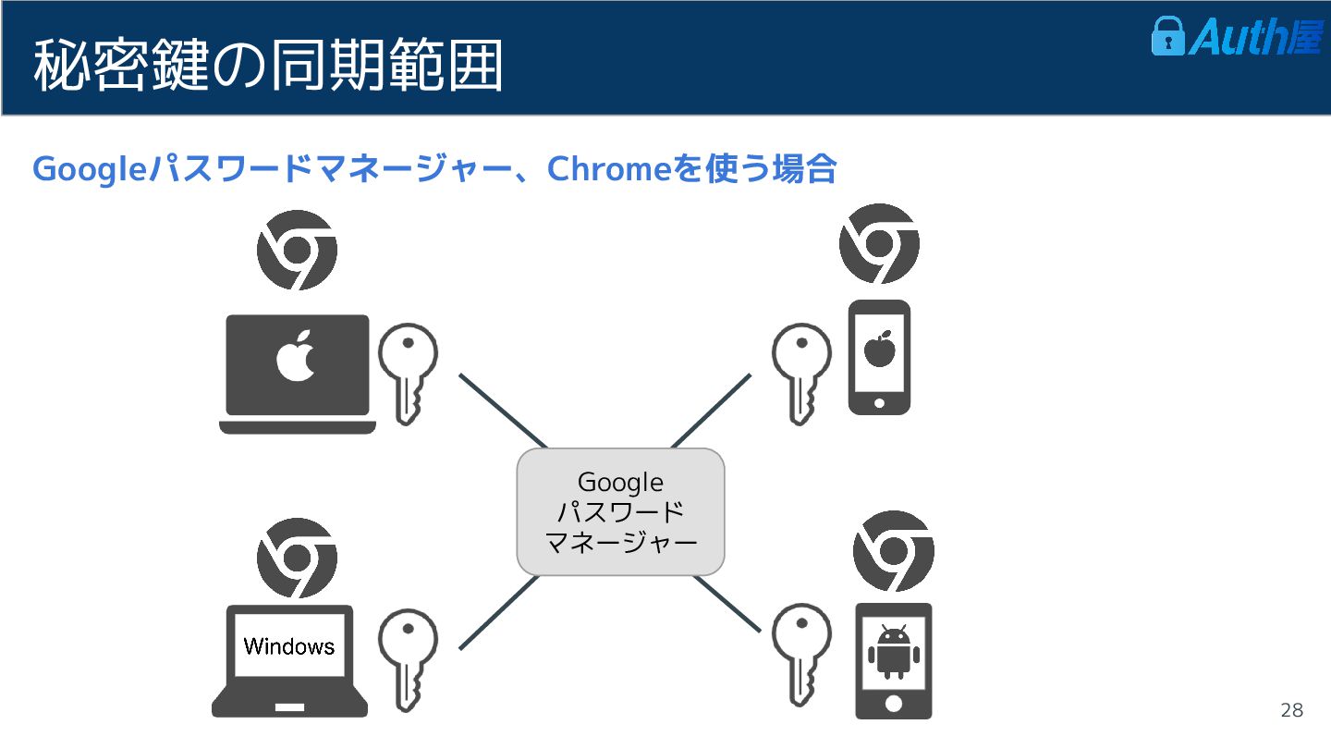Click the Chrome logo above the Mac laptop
297,250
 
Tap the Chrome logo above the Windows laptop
297,558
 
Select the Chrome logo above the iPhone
879,243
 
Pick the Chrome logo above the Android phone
893,550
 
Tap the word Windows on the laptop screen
289,645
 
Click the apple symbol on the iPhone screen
879,349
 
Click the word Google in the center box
620,482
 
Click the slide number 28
1291,710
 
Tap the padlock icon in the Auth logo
1167,36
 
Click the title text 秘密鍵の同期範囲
268,65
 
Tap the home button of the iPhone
879,403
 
